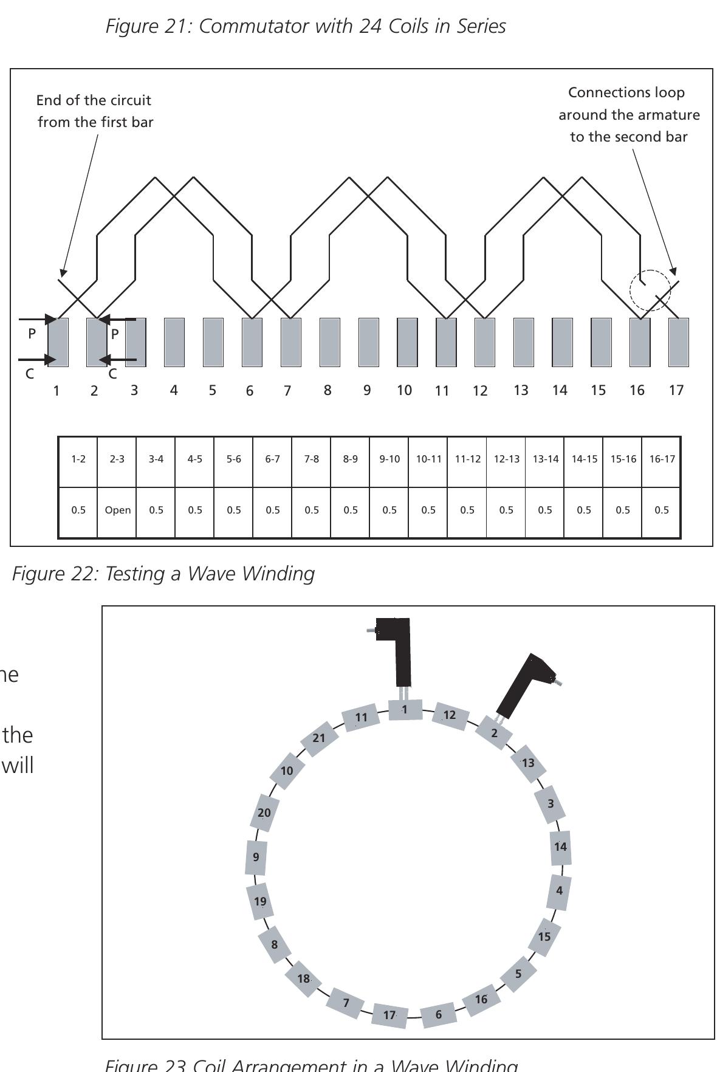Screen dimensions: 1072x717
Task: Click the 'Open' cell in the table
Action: coord(117,510)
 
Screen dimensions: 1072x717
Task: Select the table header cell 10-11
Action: coord(428,459)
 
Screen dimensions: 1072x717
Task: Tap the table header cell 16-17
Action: coord(662,459)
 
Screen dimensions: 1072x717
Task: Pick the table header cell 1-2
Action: coord(78,459)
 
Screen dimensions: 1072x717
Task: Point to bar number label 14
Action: coord(560,390)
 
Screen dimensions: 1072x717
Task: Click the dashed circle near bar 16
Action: coord(650,290)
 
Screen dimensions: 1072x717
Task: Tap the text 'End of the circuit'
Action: coord(94,100)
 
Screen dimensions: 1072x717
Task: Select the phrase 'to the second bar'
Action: coord(628,137)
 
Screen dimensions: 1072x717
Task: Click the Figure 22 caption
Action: coord(163,574)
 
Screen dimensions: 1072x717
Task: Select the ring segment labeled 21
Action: coord(320,738)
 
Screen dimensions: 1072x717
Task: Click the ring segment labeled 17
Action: coord(389,1015)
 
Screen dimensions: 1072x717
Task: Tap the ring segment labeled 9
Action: coord(256,857)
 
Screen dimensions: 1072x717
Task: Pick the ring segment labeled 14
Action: coord(560,847)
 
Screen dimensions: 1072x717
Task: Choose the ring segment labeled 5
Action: coord(518,974)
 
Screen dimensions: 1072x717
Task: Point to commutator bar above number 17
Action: coord(678,342)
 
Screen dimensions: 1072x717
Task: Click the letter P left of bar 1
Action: coord(32,334)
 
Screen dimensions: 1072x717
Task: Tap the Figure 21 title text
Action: coord(306,26)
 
